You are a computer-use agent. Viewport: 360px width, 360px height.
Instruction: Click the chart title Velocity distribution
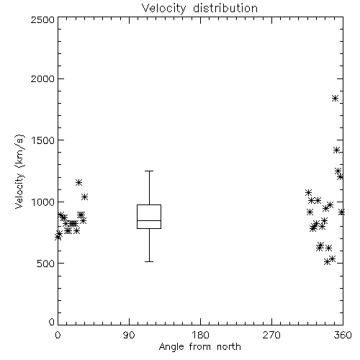pyautogui.click(x=199, y=9)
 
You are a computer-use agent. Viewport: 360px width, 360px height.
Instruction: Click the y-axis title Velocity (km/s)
pyautogui.click(x=19, y=171)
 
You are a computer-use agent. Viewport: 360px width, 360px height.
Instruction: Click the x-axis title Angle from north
pyautogui.click(x=199, y=347)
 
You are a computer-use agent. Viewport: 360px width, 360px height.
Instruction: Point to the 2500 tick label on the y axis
pyautogui.click(x=42, y=19)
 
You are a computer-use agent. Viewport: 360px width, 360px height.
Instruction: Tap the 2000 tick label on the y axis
pyautogui.click(x=42, y=79)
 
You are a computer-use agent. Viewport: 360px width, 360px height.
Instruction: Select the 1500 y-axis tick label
pyautogui.click(x=43, y=140)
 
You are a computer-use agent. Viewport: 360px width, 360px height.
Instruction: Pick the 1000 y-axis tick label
pyautogui.click(x=43, y=202)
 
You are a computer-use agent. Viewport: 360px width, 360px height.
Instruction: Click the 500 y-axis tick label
pyautogui.click(x=46, y=264)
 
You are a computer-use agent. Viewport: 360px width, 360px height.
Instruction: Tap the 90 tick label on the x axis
pyautogui.click(x=129, y=335)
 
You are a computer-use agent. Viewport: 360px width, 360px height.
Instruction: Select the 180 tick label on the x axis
pyautogui.click(x=200, y=335)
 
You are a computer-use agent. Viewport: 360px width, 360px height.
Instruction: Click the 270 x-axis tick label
pyautogui.click(x=271, y=335)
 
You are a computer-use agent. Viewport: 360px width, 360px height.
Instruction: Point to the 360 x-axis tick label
pyautogui.click(x=343, y=335)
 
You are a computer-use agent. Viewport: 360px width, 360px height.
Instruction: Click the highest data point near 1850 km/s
pyautogui.click(x=336, y=98)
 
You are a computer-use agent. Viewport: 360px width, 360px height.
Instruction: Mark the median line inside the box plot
pyautogui.click(x=149, y=220)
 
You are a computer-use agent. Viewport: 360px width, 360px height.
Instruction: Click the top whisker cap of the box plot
pyautogui.click(x=149, y=171)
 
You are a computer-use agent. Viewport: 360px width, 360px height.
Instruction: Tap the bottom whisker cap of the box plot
pyautogui.click(x=149, y=261)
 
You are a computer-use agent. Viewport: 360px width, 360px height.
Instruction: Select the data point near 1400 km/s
pyautogui.click(x=336, y=150)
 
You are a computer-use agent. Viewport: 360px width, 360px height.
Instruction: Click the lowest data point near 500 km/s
pyautogui.click(x=327, y=261)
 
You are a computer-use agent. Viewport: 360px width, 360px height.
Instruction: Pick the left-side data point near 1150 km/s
pyautogui.click(x=78, y=182)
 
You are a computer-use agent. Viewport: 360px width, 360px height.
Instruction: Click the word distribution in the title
pyautogui.click(x=225, y=9)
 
